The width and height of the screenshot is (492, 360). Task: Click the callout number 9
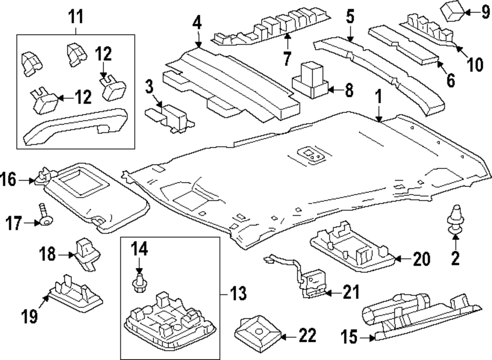(x=485, y=13)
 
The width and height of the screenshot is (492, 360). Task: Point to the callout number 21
(x=351, y=293)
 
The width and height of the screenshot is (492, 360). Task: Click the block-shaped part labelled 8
(x=310, y=80)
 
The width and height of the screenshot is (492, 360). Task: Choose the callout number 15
(x=349, y=337)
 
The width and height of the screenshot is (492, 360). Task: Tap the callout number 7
(x=286, y=58)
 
